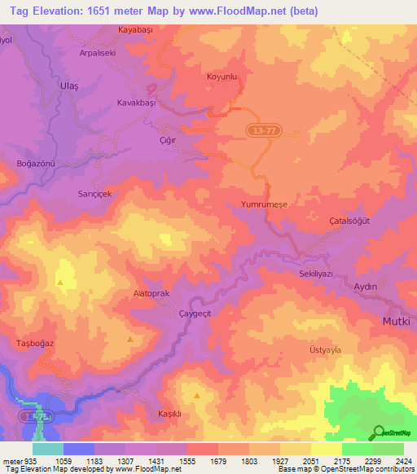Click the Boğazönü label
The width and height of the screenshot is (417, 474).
[35, 164]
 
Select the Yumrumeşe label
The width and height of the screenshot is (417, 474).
[265, 206]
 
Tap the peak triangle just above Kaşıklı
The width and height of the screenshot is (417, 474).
[197, 396]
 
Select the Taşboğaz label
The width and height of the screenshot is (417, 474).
[35, 344]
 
